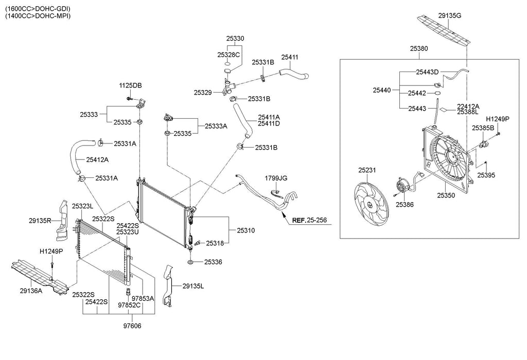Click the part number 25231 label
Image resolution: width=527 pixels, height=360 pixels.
click(367, 170)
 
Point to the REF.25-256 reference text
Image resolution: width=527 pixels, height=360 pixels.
click(310, 221)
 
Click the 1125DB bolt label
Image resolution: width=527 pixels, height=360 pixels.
click(131, 85)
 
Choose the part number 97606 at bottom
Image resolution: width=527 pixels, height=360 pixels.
click(132, 326)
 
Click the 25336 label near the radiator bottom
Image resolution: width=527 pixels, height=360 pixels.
click(213, 262)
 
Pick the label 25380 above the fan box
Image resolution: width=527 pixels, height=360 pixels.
click(419, 48)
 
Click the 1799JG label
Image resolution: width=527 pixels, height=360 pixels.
click(276, 178)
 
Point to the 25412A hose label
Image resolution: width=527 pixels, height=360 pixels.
click(97, 159)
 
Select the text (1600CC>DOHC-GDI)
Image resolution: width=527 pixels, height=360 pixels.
click(38, 9)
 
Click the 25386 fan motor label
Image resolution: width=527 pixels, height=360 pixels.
click(405, 204)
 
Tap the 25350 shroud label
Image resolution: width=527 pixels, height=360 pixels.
click(447, 195)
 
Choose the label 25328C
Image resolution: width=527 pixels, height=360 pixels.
click(229, 55)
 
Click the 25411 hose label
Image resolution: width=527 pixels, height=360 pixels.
click(290, 57)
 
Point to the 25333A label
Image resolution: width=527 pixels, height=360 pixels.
click(216, 125)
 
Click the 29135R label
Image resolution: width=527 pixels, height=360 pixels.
click(40, 221)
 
